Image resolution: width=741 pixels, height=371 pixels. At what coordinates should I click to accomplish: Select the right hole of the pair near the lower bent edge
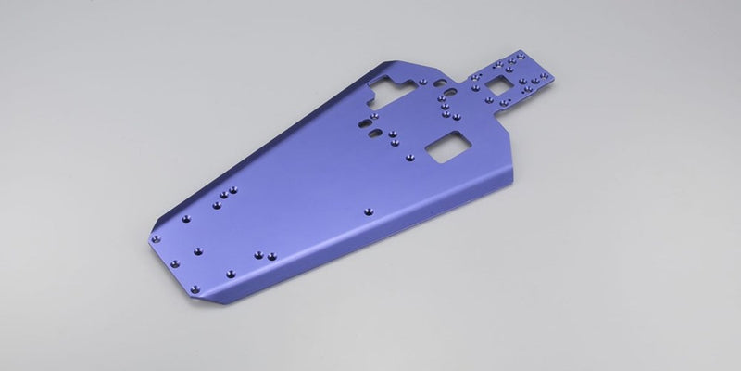click(x=274, y=256)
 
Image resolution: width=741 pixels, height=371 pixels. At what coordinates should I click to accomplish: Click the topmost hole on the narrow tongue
click(x=508, y=58)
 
